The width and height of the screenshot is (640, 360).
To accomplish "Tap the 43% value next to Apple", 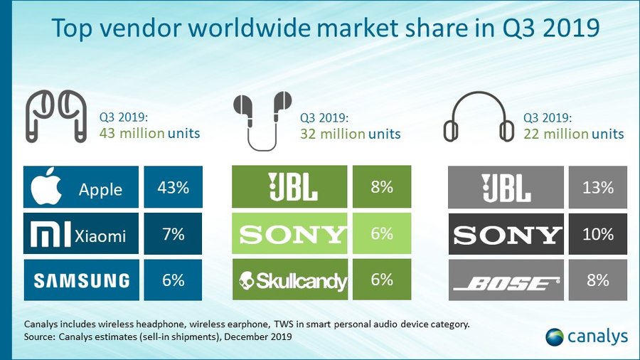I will pyautogui.click(x=172, y=188).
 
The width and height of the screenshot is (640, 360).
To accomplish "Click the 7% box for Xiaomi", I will pyautogui.click(x=172, y=233).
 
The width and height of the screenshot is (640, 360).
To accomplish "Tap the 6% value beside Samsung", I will pyautogui.click(x=172, y=280).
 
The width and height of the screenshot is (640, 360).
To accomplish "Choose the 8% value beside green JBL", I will pyautogui.click(x=381, y=188).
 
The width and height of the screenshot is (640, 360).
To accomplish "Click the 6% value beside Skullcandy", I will pyautogui.click(x=381, y=280).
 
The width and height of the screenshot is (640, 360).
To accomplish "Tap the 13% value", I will pyautogui.click(x=597, y=188).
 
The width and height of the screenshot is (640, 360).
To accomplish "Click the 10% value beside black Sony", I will pyautogui.click(x=597, y=233).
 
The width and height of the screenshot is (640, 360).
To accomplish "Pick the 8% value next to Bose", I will pyautogui.click(x=597, y=280).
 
